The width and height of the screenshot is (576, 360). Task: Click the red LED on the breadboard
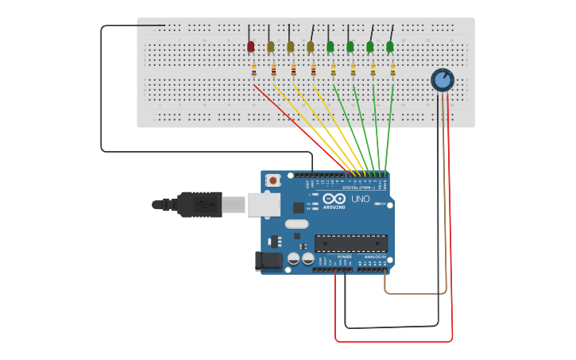tap(251, 47)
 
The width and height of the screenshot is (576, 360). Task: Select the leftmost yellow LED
tap(271, 47)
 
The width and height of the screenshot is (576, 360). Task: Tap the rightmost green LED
tap(389, 47)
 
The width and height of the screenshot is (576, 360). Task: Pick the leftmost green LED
tap(331, 47)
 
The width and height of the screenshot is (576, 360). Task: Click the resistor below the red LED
tap(254, 70)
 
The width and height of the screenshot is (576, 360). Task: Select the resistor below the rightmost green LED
tap(392, 70)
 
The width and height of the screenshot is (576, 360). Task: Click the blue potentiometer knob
tap(443, 79)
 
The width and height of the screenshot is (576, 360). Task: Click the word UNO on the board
tap(361, 199)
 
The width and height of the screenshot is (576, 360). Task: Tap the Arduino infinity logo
tap(334, 198)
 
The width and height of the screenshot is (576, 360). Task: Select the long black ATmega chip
tap(351, 243)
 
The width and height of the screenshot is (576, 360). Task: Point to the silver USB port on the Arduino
tap(263, 204)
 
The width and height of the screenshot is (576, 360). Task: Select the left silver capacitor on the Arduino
tap(294, 258)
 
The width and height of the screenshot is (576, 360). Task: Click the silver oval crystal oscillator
tap(296, 224)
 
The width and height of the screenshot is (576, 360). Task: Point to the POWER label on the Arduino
tap(345, 257)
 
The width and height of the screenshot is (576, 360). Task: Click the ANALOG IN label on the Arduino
tap(374, 257)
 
